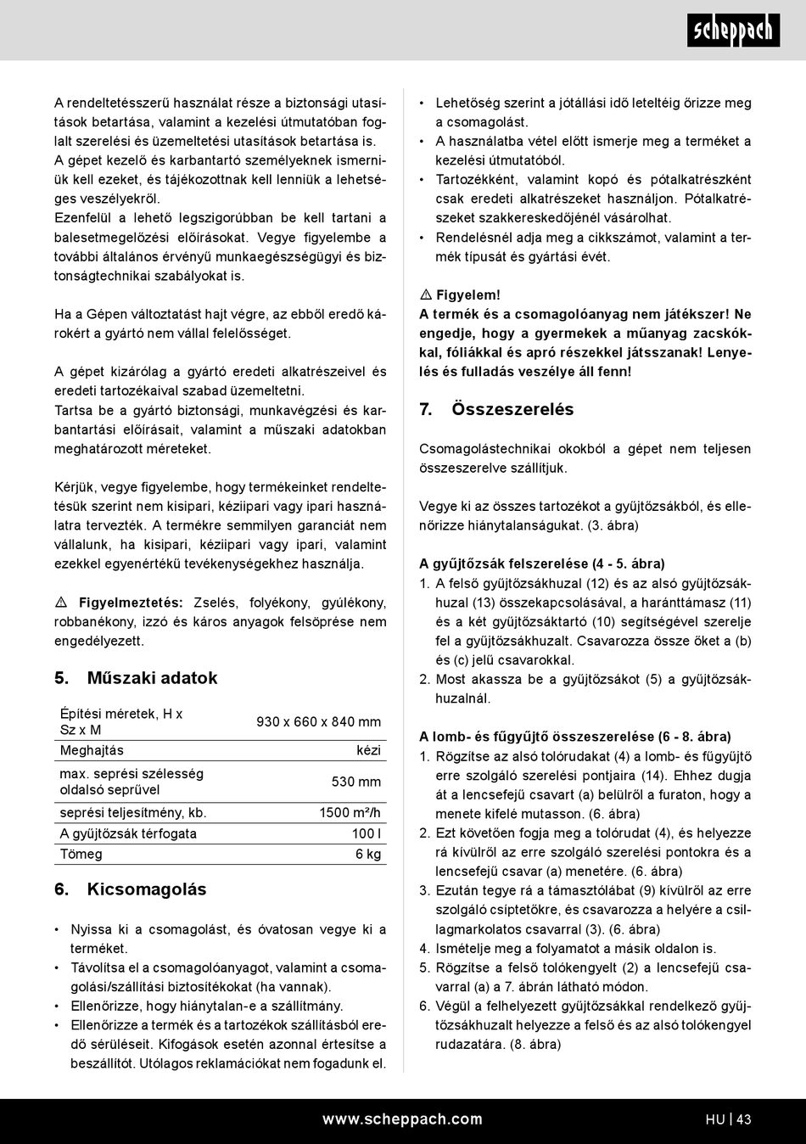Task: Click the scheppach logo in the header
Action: pyautogui.click(x=733, y=31)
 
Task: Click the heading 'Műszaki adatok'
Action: pyautogui.click(x=152, y=678)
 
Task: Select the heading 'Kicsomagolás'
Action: pyautogui.click(x=146, y=889)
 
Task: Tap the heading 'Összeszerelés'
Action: pyautogui.click(x=512, y=410)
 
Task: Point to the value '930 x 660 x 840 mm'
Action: pyautogui.click(x=318, y=722)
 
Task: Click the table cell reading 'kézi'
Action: pyautogui.click(x=368, y=751)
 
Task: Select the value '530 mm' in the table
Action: pyautogui.click(x=355, y=782)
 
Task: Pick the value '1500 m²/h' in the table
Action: pyautogui.click(x=350, y=813)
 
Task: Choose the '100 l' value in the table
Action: pyautogui.click(x=366, y=834)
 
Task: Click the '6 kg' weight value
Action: pyautogui.click(x=368, y=855)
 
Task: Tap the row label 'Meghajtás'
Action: pyautogui.click(x=92, y=751)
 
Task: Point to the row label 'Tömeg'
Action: pyautogui.click(x=81, y=855)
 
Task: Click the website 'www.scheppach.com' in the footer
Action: pyautogui.click(x=402, y=1119)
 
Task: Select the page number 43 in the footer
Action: pyautogui.click(x=744, y=1120)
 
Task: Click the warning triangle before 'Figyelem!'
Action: pyautogui.click(x=426, y=295)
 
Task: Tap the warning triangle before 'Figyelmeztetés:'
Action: pyautogui.click(x=61, y=603)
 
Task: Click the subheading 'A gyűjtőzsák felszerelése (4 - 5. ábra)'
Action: pyautogui.click(x=542, y=564)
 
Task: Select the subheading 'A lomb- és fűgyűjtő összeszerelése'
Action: pyautogui.click(x=575, y=737)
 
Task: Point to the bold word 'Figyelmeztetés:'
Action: pyautogui.click(x=131, y=603)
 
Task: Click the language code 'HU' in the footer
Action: pyautogui.click(x=714, y=1120)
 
